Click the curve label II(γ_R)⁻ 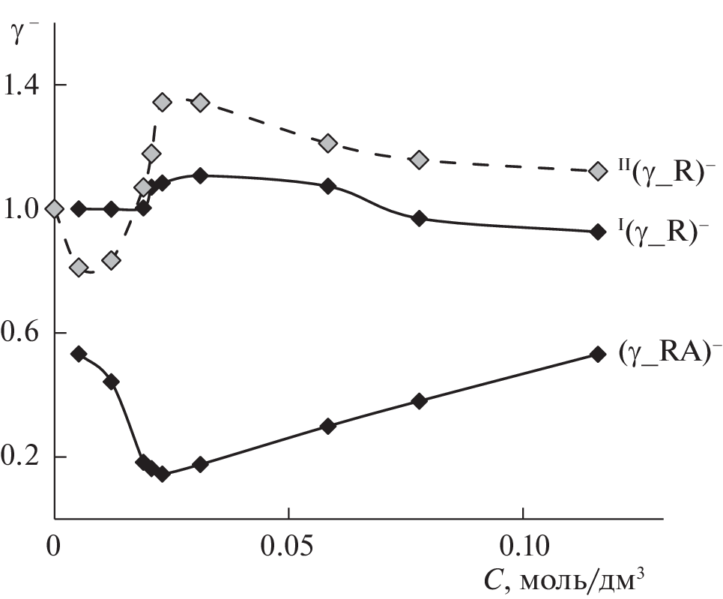point(663,171)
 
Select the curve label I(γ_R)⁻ point(663,232)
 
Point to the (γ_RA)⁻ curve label point(664,353)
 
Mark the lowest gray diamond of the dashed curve point(79,268)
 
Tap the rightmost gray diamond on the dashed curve point(597,171)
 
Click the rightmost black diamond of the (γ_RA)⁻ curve point(597,354)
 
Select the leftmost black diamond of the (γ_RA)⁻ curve point(79,354)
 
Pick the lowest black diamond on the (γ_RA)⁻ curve point(163,474)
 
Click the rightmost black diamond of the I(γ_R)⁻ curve point(597,232)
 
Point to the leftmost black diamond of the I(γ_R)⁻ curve point(79,209)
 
